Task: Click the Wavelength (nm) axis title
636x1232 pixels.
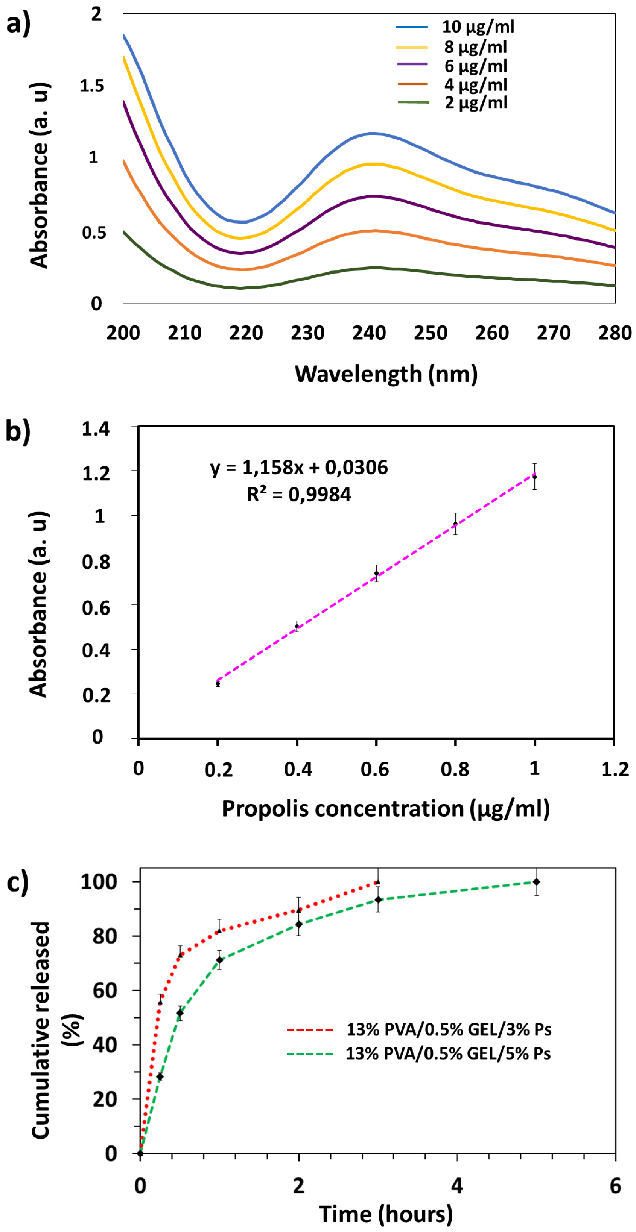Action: [386, 374]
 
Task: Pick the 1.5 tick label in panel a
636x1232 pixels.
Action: [92, 86]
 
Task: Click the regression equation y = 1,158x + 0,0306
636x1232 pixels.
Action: [299, 467]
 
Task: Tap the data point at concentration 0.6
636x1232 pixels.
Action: [376, 573]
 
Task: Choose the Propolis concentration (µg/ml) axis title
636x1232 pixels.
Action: [385, 808]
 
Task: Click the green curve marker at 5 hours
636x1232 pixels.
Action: [536, 882]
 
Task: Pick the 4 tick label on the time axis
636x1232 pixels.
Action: [457, 1186]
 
